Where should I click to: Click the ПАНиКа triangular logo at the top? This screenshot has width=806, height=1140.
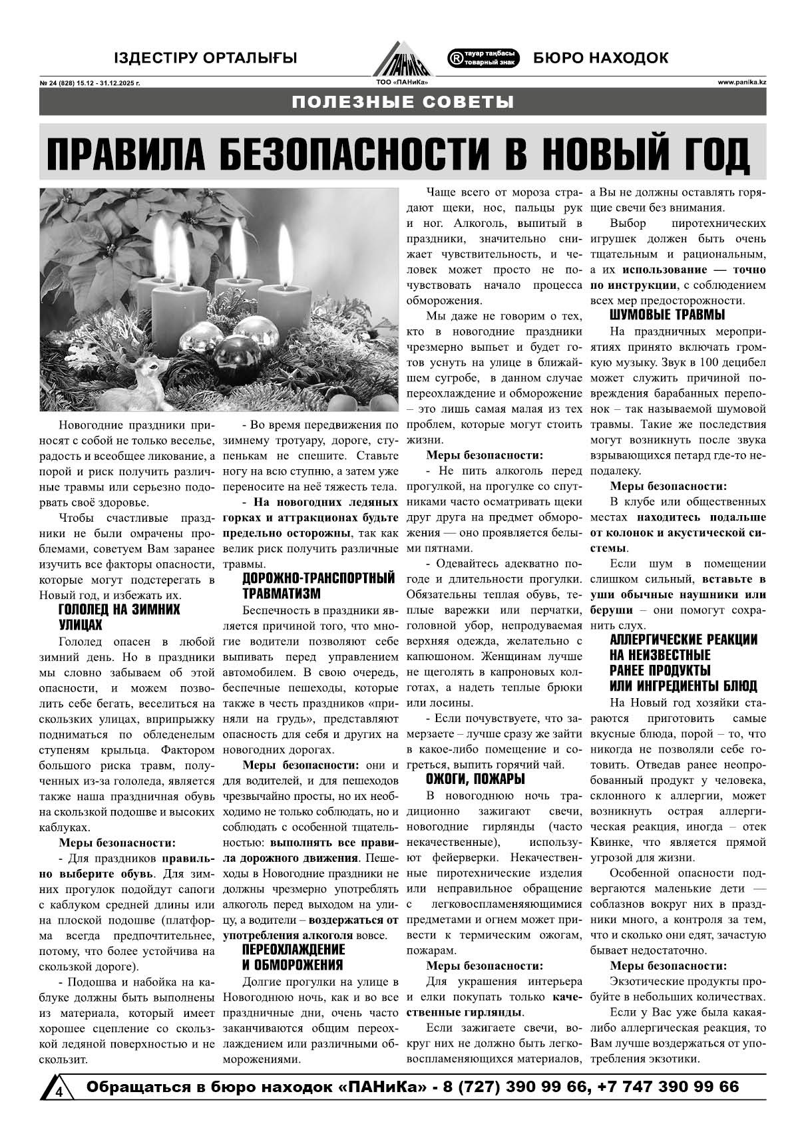point(401,57)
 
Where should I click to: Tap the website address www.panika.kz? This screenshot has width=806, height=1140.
point(741,83)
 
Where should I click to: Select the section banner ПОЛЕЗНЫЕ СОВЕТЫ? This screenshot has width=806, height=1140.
point(403,102)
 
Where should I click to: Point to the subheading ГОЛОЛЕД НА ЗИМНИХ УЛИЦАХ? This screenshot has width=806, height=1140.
point(119,617)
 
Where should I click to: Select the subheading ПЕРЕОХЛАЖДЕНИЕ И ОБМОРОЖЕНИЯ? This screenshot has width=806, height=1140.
point(293,957)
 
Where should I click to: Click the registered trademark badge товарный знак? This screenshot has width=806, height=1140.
point(483,59)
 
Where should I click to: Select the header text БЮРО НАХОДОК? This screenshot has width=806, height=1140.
point(600,59)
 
